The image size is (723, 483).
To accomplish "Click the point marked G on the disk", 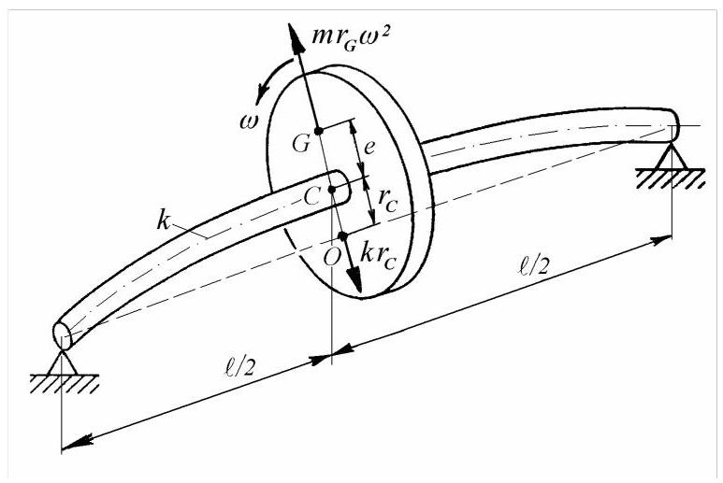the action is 318,131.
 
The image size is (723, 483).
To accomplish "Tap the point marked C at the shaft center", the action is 331,189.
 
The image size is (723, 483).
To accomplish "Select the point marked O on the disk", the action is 342,236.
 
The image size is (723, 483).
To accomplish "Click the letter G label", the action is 301,144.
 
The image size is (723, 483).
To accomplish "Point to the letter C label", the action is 312,198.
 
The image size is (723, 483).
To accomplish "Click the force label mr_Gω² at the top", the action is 352,37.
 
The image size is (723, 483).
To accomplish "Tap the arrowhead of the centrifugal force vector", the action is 296,37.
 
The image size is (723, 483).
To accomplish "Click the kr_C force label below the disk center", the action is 378,257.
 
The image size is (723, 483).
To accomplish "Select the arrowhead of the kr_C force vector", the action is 354,279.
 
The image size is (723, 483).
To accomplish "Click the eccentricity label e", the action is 369,148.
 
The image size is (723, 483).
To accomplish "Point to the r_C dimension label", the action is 387,201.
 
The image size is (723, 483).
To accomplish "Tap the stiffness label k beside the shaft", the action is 164,220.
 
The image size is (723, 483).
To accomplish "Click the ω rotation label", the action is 250,121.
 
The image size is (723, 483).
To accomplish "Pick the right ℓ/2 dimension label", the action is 533,265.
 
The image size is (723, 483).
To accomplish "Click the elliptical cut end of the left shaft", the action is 63,334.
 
